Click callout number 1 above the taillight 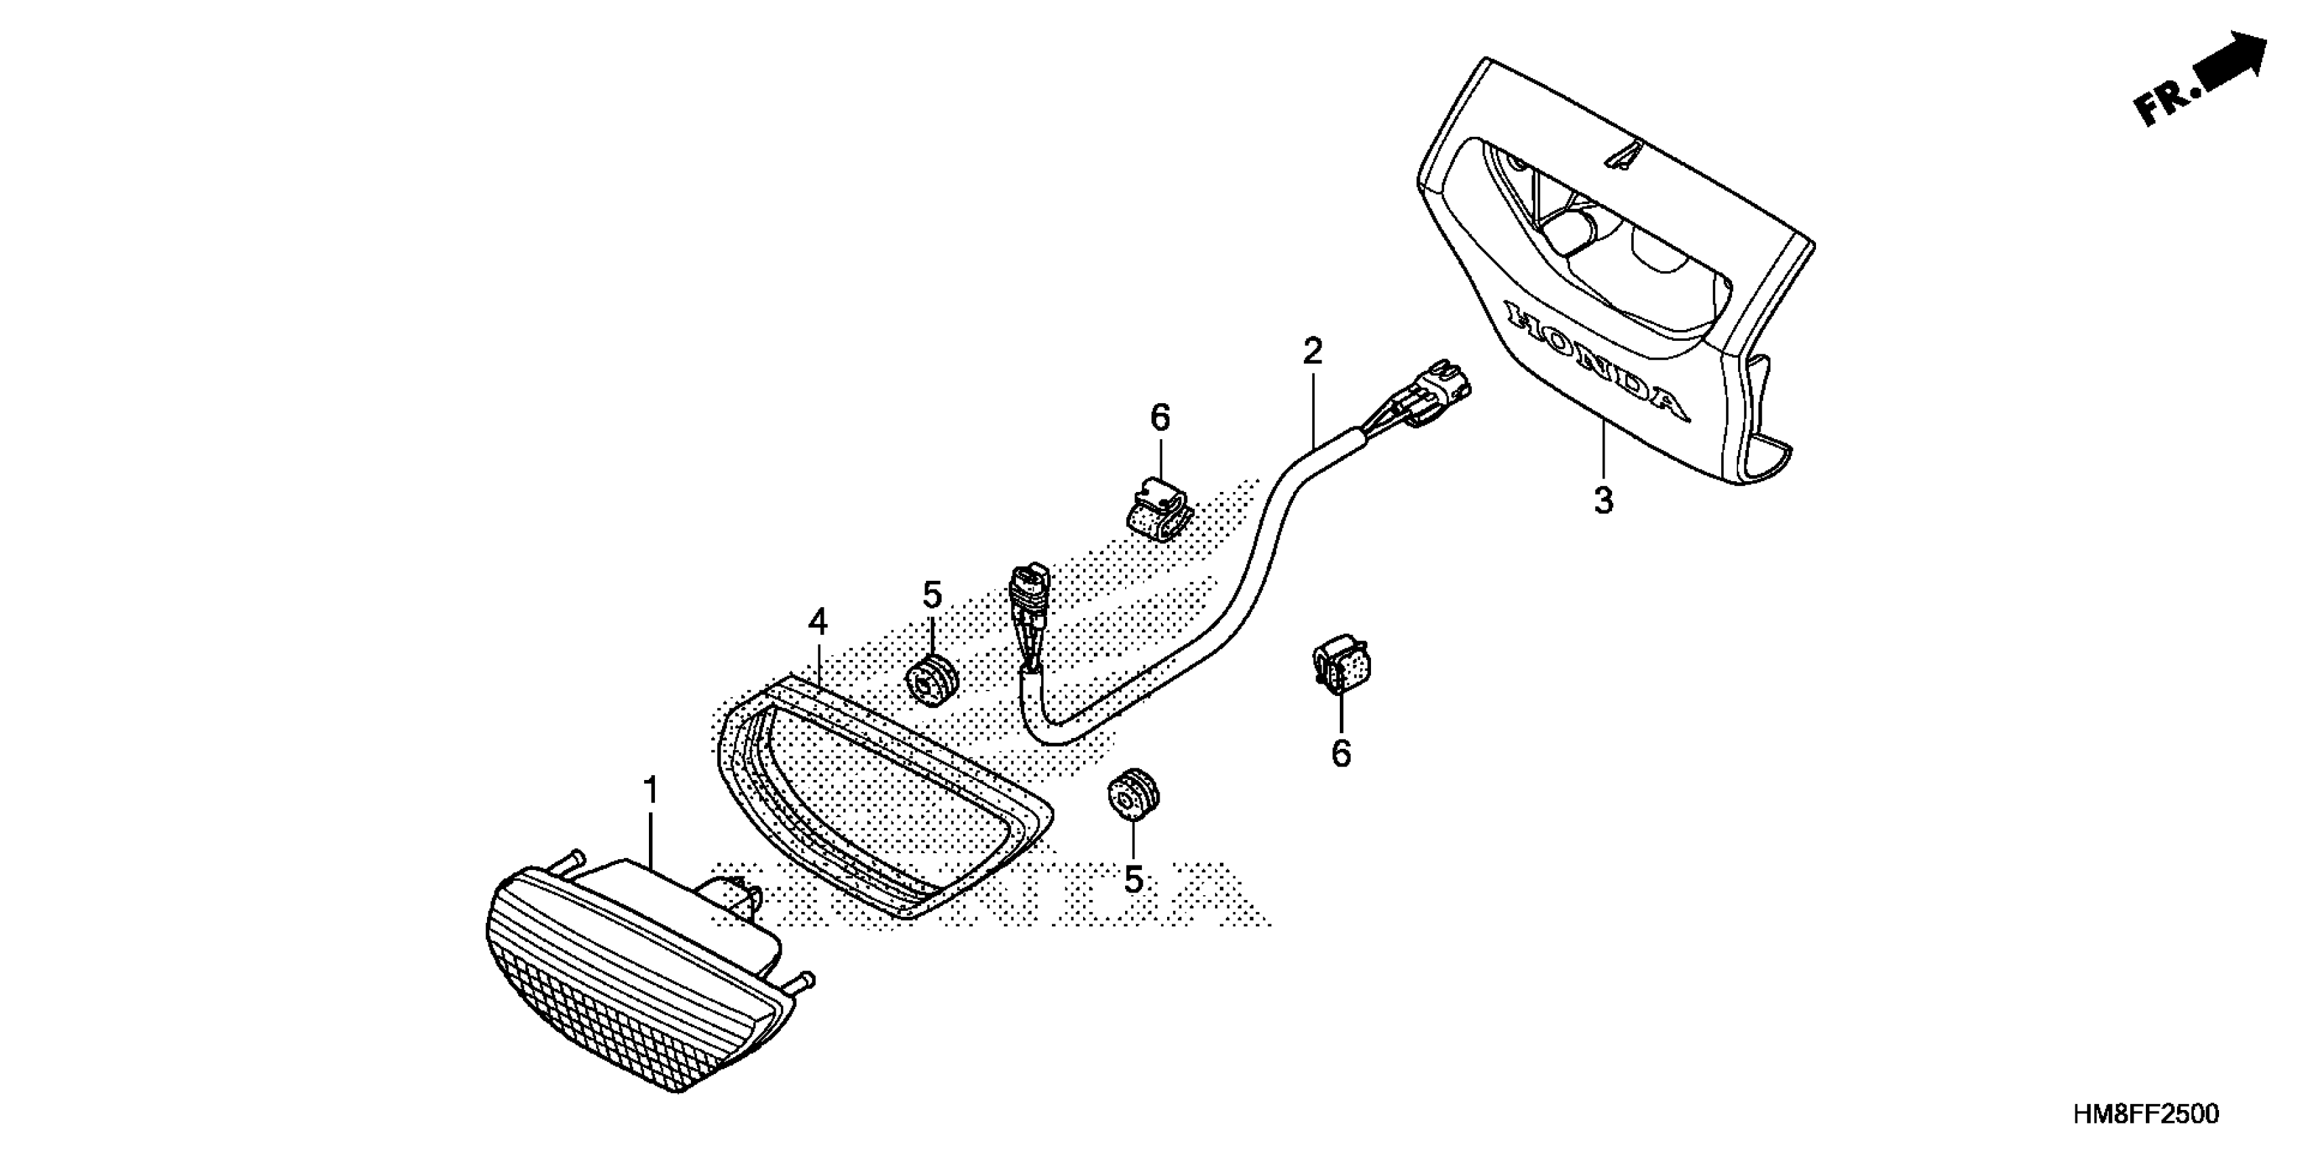pos(651,791)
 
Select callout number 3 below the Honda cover pos(1604,501)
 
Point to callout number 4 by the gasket pos(818,621)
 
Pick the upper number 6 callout pos(1160,417)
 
